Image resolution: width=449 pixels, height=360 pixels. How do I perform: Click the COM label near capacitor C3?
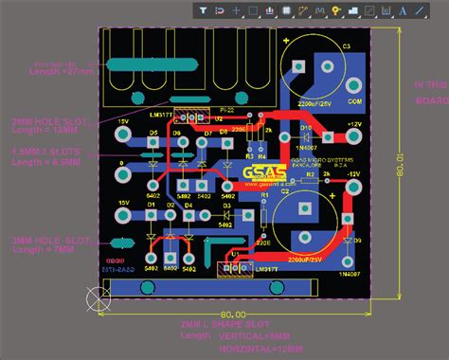point(353,101)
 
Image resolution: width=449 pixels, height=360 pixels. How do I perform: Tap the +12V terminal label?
point(353,125)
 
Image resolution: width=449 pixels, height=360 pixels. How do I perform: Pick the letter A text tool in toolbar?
point(404,10)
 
